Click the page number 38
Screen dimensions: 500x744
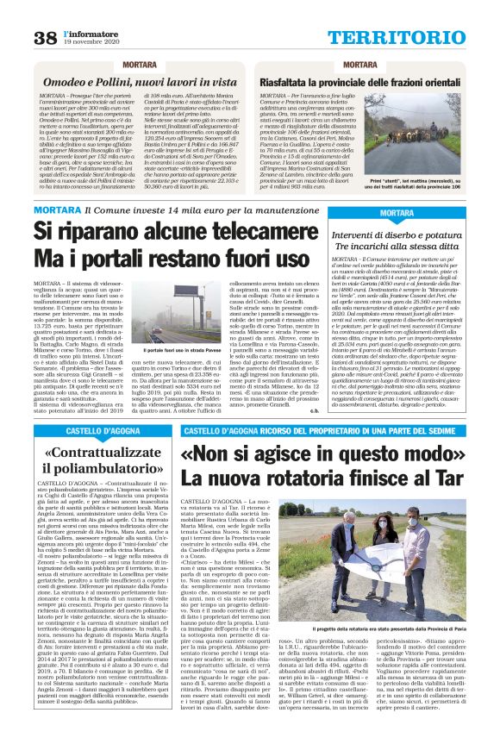pos(45,37)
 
